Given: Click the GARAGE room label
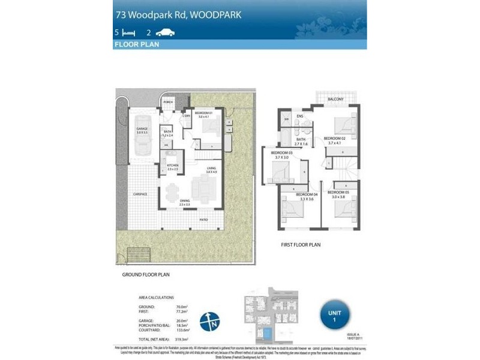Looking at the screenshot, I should pos(142,129).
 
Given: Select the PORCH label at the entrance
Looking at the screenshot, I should pos(168,103).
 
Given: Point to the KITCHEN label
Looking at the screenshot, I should pos(173,166).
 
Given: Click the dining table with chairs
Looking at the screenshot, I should pos(172,191).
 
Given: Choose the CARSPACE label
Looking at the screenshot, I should pos(140,195).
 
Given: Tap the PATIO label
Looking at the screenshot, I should pos(203,220).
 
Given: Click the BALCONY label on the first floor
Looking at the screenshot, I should pos(335,99).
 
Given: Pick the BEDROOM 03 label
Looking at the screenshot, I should pos(281,153).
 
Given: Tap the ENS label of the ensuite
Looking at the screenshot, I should pos(299,116).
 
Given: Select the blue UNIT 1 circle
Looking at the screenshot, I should pos(334,314).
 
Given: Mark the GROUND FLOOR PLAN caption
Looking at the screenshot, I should pos(146,274).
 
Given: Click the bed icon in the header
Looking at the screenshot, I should pos(127,32).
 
